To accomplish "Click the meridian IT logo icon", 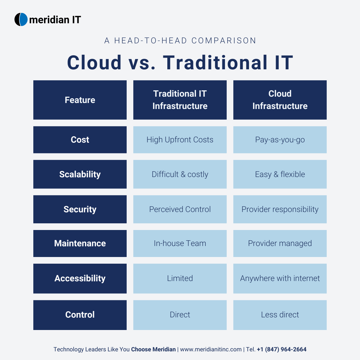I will [x=21, y=19].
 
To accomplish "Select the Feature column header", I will [x=80, y=100].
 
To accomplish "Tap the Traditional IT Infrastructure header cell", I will [x=180, y=100].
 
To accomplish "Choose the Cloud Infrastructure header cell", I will [x=280, y=100].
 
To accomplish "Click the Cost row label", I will [x=80, y=140].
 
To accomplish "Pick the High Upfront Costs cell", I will [x=180, y=140].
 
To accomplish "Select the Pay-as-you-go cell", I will [x=280, y=140].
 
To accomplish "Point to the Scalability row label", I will [x=80, y=174].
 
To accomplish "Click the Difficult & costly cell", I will [x=180, y=174].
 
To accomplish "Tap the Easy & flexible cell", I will [x=280, y=174].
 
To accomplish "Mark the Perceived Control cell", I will [x=180, y=209].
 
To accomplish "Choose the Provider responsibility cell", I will [x=280, y=209].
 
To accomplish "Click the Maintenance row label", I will [x=80, y=243].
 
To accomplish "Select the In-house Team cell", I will [x=180, y=243].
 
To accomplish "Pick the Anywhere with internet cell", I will [x=280, y=278].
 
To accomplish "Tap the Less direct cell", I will [x=280, y=315].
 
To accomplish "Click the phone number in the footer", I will [x=282, y=349].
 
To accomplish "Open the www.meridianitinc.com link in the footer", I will [x=211, y=349].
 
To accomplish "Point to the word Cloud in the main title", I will [x=94, y=62].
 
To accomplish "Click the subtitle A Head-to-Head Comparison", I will [x=180, y=41].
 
